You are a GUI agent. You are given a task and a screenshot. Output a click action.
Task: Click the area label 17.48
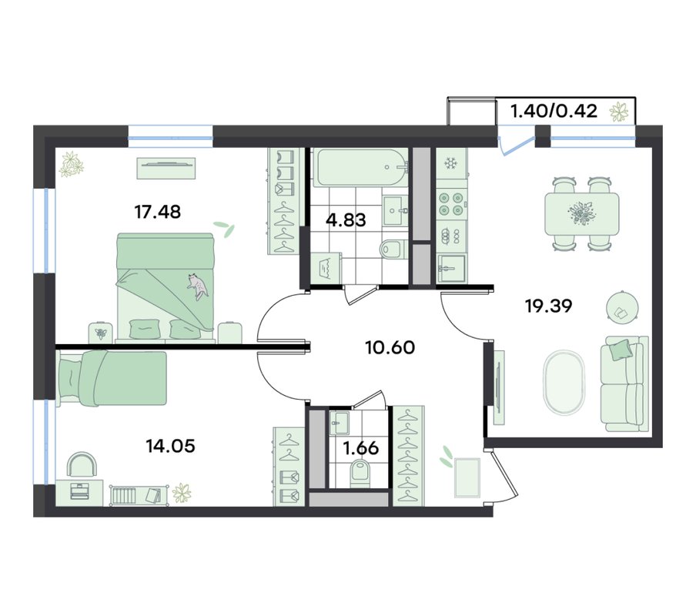(158, 213)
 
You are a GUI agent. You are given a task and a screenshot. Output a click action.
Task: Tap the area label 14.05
(170, 446)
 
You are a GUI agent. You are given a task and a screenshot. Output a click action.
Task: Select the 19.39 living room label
(549, 306)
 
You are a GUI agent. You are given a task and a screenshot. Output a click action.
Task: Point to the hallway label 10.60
(390, 347)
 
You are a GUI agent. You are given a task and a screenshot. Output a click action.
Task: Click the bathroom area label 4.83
(346, 219)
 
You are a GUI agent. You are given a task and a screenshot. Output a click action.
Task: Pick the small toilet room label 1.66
(361, 448)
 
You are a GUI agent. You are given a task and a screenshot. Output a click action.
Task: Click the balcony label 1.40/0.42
(554, 111)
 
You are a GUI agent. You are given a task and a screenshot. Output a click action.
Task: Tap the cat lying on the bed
(197, 286)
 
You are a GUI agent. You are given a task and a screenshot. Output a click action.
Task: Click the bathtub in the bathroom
(360, 167)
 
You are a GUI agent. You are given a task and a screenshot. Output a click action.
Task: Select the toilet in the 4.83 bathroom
(393, 249)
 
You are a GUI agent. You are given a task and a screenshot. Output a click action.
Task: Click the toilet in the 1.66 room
(360, 474)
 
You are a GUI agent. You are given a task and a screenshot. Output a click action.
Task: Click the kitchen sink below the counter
(451, 268)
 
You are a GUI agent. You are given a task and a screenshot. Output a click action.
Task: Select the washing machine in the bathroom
(326, 268)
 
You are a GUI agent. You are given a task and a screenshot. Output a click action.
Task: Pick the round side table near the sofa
(623, 307)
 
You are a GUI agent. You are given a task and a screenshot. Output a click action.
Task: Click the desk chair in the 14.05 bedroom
(82, 465)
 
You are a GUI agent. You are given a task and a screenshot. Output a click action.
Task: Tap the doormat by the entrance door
(467, 478)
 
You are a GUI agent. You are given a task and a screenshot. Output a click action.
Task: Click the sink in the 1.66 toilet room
(340, 423)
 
